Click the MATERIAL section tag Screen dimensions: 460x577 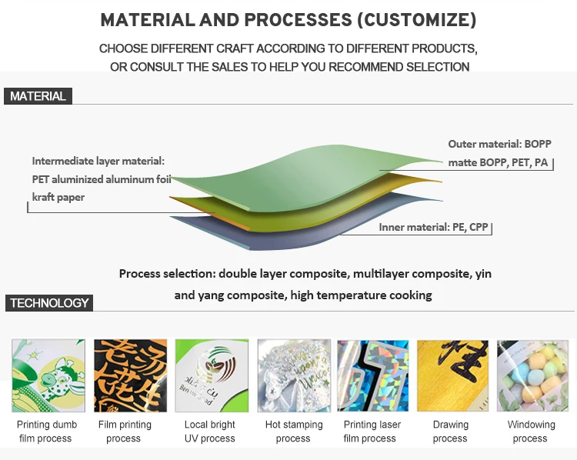tap(38, 96)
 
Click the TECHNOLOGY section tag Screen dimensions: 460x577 tap(49, 302)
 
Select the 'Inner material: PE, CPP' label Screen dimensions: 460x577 tap(433, 228)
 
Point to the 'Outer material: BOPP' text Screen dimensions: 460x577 tap(499, 144)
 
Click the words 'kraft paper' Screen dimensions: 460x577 tap(58, 198)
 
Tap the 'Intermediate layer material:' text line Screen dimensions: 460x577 tap(98, 161)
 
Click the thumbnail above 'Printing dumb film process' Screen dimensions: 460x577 tap(48, 375)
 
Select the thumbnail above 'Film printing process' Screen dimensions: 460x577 tap(130, 375)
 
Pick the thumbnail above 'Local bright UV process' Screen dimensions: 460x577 tap(212, 375)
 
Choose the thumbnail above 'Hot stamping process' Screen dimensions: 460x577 tap(293, 375)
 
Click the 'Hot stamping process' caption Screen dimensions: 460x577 tap(293, 432)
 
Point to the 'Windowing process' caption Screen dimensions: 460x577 tap(531, 432)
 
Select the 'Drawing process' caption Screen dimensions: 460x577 tap(450, 432)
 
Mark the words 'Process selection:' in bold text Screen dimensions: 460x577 tap(167, 274)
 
